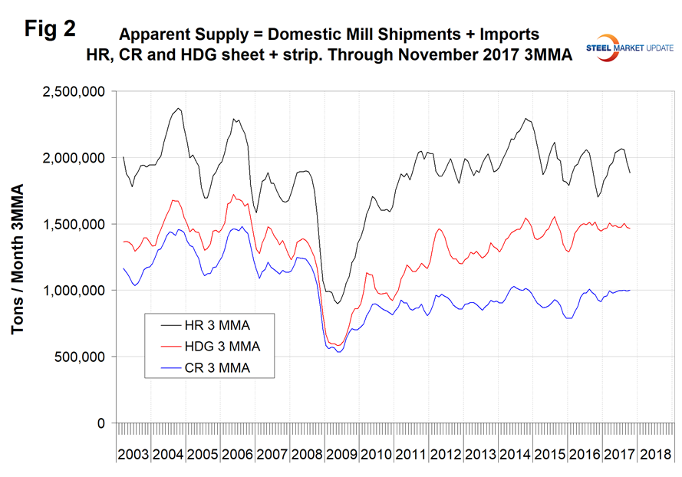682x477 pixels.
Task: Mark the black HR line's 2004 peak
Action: tap(178, 109)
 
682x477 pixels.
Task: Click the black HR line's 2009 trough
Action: tap(338, 304)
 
